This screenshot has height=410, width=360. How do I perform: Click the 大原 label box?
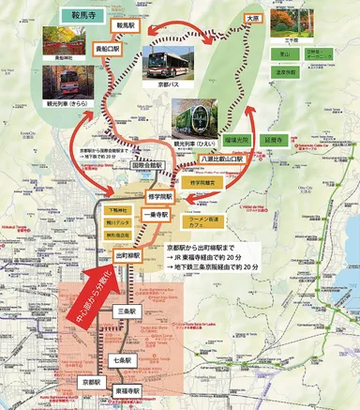tap(250, 18)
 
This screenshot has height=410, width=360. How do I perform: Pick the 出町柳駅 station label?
tap(127, 254)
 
